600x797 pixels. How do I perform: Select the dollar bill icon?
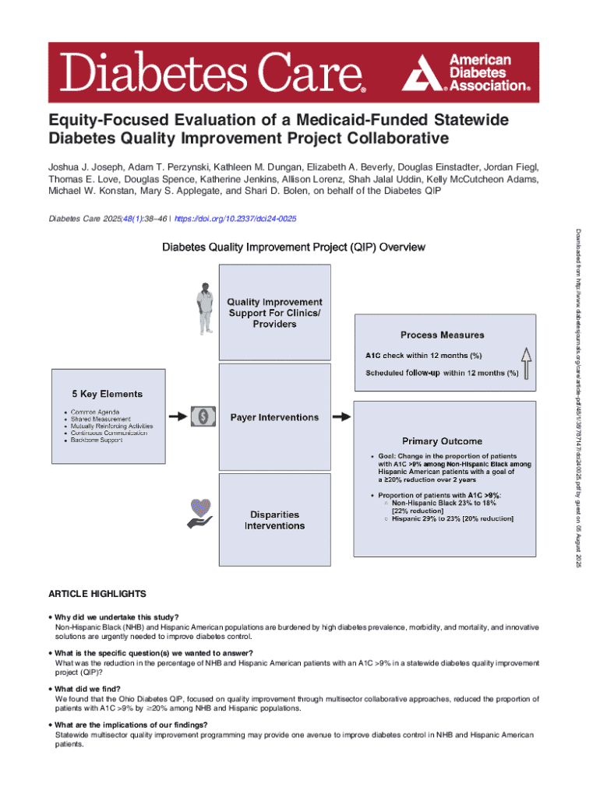tap(205, 417)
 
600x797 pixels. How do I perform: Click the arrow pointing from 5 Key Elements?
tap(178, 417)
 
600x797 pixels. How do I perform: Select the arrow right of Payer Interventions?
tap(341, 417)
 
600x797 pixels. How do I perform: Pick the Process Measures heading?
tap(442, 335)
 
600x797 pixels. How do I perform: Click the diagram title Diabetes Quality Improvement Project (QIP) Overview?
tap(293, 248)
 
